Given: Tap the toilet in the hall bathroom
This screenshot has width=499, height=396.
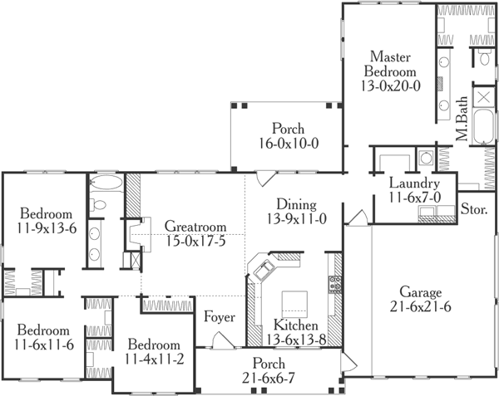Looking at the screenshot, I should click(x=98, y=203).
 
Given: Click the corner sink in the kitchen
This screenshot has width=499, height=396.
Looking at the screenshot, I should click(x=265, y=270).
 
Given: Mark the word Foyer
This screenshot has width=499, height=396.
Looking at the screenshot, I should click(x=220, y=318).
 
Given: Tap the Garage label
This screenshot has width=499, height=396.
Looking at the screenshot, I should click(x=420, y=292).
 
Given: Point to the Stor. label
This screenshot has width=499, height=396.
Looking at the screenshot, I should click(x=474, y=209).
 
